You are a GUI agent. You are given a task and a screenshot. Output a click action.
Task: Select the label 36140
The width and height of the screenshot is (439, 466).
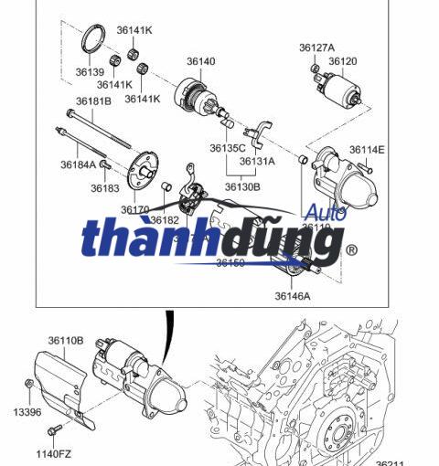coord(201,61)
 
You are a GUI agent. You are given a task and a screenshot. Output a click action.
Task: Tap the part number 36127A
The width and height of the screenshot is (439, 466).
coord(316,48)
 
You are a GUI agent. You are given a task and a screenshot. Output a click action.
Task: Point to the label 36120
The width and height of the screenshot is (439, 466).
coord(343,61)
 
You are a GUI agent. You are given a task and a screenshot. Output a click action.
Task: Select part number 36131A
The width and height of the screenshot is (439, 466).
coord(259,161)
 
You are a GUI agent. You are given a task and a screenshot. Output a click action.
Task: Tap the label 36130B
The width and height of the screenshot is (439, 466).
coord(242,186)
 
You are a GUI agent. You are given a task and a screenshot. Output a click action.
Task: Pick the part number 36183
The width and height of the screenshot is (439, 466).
coord(105,188)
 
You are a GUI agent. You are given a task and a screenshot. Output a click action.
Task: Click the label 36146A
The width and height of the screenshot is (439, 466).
coord(293,295)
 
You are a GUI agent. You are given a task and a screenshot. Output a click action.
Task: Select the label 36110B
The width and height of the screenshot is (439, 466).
coord(66,341)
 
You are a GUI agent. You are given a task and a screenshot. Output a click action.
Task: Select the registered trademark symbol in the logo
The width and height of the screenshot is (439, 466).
coord(349,249)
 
